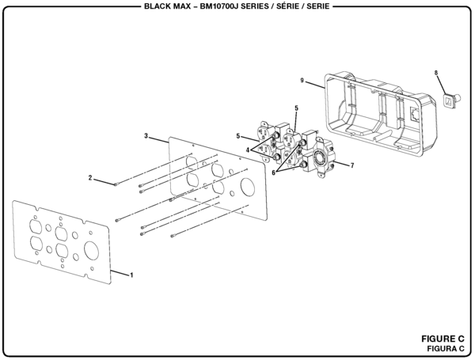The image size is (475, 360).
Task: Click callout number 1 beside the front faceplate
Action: click(x=131, y=275)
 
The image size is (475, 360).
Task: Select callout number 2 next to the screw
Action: click(x=91, y=177)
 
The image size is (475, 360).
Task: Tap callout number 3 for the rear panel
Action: click(x=146, y=136)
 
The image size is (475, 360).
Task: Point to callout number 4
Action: click(x=247, y=149)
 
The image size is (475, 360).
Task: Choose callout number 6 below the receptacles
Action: click(x=275, y=172)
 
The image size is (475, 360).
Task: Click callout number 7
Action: click(x=351, y=165)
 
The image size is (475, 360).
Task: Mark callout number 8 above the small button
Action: click(x=435, y=73)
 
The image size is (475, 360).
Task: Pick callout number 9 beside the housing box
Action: click(x=302, y=81)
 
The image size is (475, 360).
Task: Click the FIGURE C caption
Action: click(x=441, y=338)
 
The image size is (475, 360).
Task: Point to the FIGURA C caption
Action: click(x=442, y=348)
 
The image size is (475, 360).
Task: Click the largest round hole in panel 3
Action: click(x=246, y=189)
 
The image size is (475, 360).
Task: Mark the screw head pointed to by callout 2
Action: click(x=116, y=184)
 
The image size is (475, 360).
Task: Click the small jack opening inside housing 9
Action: click(x=416, y=113)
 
